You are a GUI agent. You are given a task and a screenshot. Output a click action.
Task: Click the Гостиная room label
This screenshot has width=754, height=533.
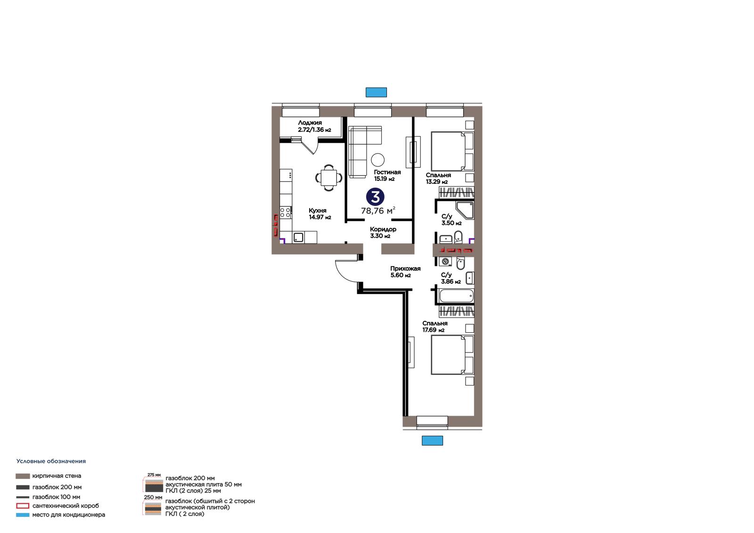(x=387, y=172)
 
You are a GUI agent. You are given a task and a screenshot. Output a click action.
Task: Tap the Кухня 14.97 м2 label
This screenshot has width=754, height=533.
(x=320, y=214)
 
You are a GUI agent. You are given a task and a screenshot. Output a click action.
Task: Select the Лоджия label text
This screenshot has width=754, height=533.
(x=310, y=123)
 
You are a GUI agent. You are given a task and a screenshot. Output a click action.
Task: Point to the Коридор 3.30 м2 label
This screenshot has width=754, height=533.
(x=383, y=232)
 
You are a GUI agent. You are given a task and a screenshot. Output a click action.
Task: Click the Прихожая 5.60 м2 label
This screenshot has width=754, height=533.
(x=405, y=272)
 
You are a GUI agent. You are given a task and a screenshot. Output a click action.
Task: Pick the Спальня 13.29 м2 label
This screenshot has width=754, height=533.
(x=438, y=179)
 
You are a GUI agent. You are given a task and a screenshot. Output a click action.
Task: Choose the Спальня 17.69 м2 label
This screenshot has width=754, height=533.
(x=435, y=327)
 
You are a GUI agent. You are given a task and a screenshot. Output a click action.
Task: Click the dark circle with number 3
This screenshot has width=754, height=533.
(x=375, y=197)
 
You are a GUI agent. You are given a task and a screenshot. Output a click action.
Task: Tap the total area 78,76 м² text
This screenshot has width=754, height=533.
(x=378, y=211)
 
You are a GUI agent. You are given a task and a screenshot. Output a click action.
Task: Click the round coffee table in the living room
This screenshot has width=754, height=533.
(x=377, y=160)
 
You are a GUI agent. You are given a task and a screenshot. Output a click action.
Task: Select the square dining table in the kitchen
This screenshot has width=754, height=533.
(x=328, y=178)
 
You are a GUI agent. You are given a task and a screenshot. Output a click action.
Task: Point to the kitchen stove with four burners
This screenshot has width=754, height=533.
(x=286, y=213)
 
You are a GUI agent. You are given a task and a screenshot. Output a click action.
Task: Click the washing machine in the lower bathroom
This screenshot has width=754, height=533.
(x=445, y=261)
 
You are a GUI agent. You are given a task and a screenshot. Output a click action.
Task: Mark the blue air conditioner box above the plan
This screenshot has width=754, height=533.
(x=377, y=92)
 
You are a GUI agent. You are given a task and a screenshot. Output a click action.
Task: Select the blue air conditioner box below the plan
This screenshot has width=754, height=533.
(x=432, y=441)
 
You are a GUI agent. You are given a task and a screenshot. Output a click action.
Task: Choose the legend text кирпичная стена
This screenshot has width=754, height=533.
(x=57, y=476)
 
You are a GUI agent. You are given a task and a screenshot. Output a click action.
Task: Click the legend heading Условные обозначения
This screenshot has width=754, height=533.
(x=51, y=461)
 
